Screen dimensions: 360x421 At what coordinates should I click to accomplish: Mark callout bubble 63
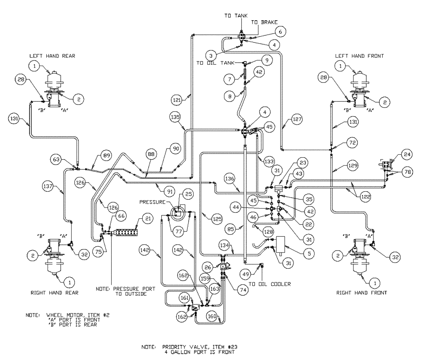(58, 159)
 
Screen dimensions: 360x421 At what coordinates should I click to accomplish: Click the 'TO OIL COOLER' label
(269, 284)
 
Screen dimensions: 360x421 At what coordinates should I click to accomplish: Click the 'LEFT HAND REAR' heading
(52, 56)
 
